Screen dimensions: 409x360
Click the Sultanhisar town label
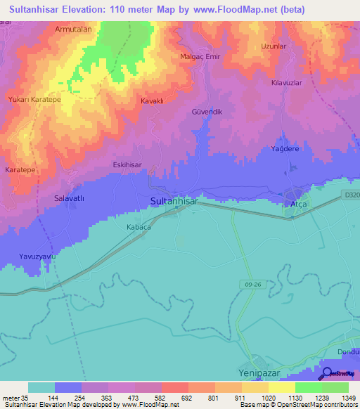coord(174,201)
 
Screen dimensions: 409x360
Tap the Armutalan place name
coord(75,30)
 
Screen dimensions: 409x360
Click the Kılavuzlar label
coord(287,82)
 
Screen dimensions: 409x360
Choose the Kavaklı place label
coord(152,100)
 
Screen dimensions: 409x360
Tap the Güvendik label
coord(207,112)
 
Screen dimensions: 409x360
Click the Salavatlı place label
coord(69,199)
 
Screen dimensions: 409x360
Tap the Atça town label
coord(300,204)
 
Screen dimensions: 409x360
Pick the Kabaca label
coord(139,227)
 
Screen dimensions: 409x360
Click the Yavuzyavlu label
coord(37,257)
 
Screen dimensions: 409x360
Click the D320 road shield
coord(352,194)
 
